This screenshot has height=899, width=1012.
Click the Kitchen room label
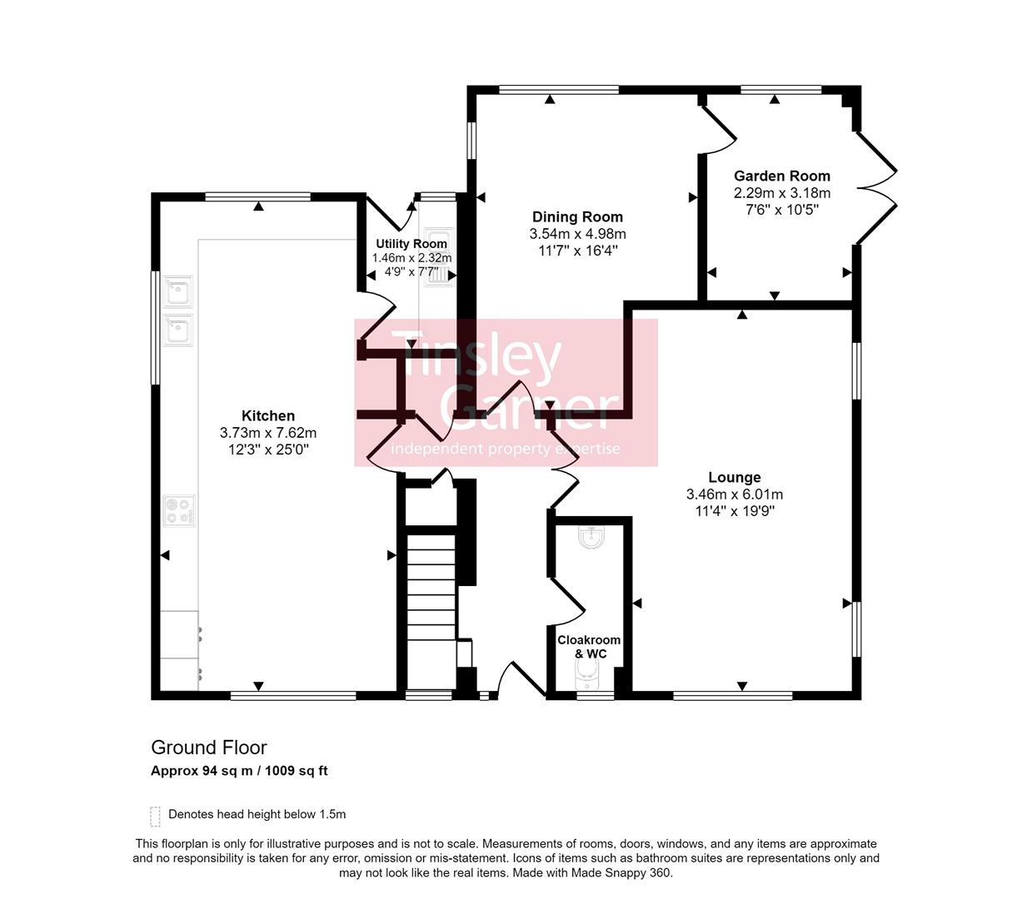tap(267, 416)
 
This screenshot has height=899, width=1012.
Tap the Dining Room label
tap(577, 217)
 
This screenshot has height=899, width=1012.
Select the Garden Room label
tap(781, 176)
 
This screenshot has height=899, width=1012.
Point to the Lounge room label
tap(734, 478)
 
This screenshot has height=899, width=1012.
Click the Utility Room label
tap(411, 244)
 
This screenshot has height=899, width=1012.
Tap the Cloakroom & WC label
tap(589, 647)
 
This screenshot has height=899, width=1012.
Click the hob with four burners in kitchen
tap(179, 510)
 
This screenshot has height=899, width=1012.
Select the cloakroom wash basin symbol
tap(591, 539)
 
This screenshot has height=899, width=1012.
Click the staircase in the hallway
tap(431, 608)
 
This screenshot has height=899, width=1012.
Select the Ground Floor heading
tap(208, 748)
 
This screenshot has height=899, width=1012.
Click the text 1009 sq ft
tap(297, 771)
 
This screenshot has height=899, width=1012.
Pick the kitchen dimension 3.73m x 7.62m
tap(267, 433)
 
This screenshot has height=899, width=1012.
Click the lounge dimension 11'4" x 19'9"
tap(734, 511)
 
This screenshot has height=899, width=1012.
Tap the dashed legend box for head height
tap(155, 816)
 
